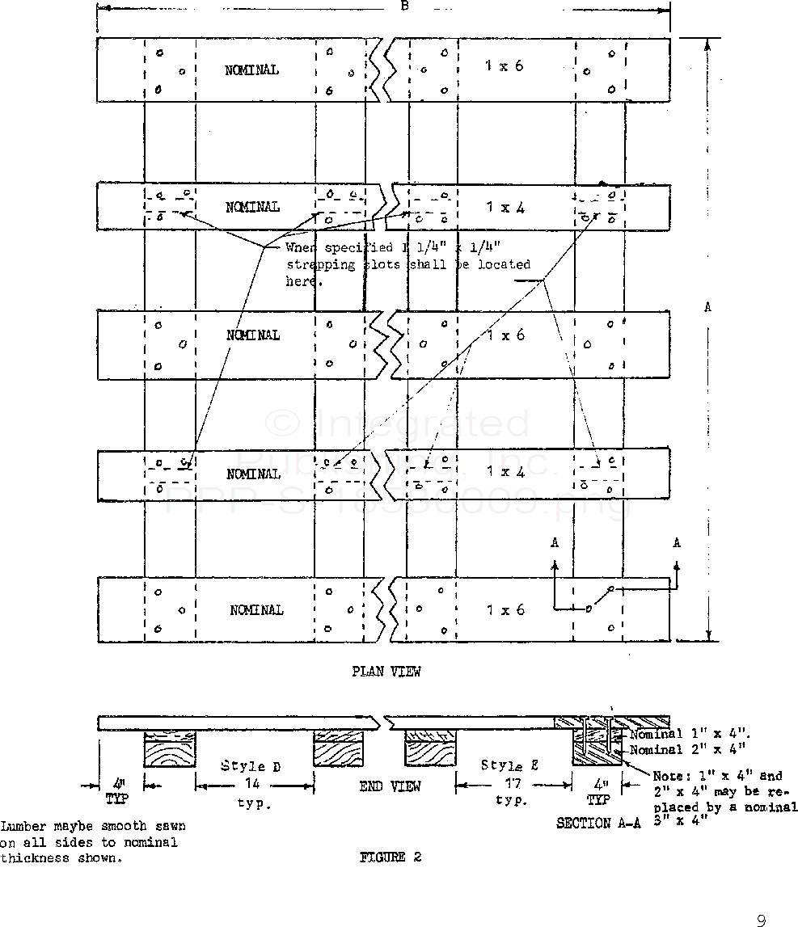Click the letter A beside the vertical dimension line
[708, 307]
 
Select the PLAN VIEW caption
[386, 671]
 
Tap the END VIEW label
[391, 786]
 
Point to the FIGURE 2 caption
[391, 857]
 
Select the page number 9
[760, 920]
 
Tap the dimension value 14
[255, 783]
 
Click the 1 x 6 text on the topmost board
[505, 66]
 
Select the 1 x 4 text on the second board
[505, 208]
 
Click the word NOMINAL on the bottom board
[256, 610]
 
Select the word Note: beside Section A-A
[672, 776]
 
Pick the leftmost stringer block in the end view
[169, 749]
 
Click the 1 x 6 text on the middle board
[505, 335]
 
